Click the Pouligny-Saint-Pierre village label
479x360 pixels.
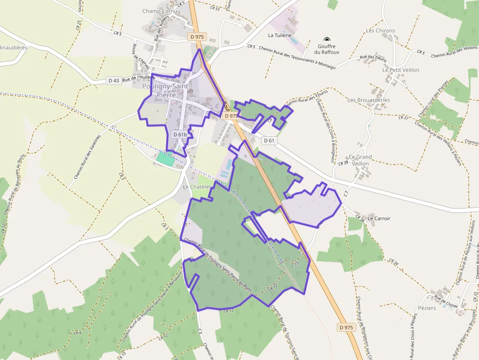(167, 90)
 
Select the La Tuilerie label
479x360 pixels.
(280, 35)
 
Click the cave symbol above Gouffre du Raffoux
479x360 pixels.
(327, 40)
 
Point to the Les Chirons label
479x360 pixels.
(380, 30)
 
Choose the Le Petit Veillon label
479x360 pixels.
(401, 70)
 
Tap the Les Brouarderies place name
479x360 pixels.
(369, 100)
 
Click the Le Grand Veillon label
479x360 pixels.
(361, 160)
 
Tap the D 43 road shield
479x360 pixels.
(114, 80)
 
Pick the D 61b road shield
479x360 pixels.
(180, 134)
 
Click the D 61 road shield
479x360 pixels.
(269, 141)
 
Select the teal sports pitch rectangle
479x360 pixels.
(165, 159)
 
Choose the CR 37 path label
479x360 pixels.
(403, 118)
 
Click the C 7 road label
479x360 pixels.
(346, 193)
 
